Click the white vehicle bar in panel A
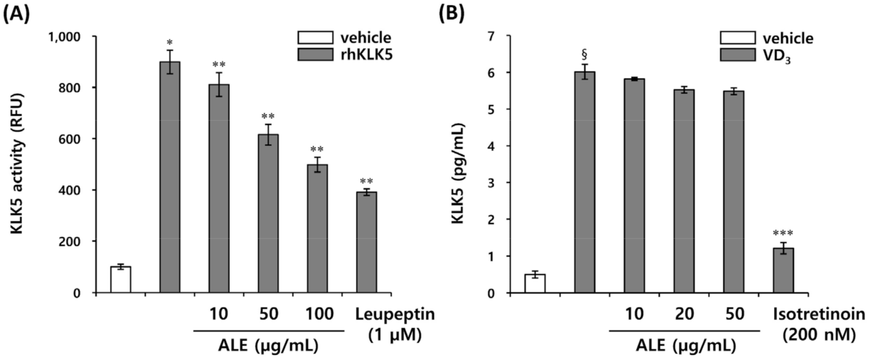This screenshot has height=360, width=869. (120, 279)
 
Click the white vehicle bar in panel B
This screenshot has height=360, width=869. (535, 283)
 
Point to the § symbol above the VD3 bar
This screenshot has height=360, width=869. (584, 54)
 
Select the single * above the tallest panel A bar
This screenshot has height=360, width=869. (170, 43)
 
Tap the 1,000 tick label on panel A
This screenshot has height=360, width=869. (64, 37)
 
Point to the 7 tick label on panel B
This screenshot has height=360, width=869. (491, 36)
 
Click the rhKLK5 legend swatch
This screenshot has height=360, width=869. (315, 54)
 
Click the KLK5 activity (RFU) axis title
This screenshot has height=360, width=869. (17, 163)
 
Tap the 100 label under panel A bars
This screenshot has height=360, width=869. (320, 314)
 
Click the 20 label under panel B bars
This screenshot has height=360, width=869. (684, 314)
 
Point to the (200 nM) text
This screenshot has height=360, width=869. (819, 335)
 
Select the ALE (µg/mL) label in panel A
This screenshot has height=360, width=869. (268, 346)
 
